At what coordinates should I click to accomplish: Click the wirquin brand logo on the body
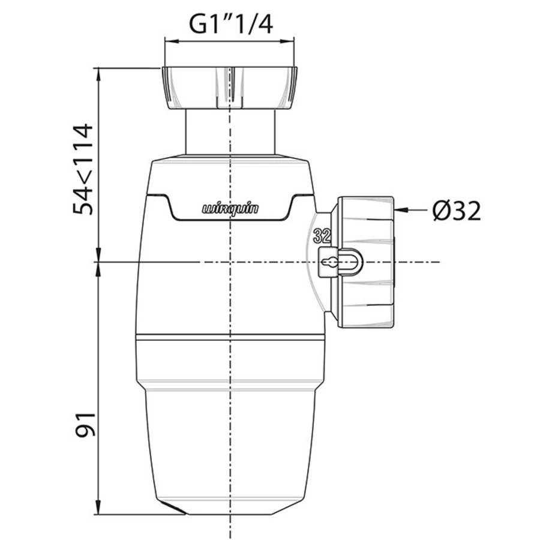click(230, 209)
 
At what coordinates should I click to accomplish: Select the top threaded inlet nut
click(229, 88)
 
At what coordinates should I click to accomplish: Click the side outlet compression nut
click(366, 262)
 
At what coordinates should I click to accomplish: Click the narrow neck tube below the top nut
click(229, 132)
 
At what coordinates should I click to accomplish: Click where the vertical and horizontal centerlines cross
click(229, 262)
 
